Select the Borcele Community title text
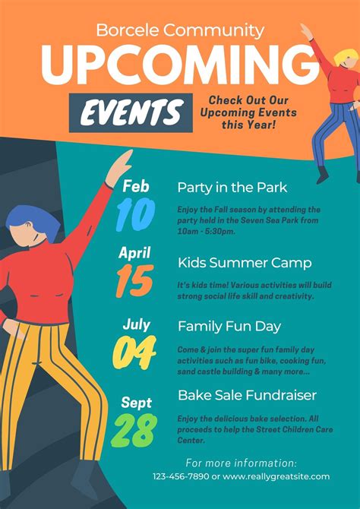180,30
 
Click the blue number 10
136,214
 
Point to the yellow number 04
134,352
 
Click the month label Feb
136,186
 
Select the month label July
137,324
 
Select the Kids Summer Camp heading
244,263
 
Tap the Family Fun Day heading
229,326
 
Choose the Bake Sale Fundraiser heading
247,395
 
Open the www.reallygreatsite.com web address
276,476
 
